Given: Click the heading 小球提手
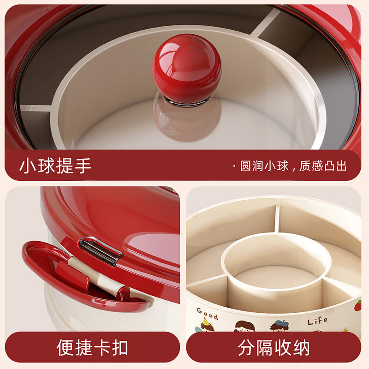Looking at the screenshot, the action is click(x=55, y=166).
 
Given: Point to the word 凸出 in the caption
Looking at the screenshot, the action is click(x=335, y=166).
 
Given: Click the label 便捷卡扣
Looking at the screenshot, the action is click(x=92, y=347).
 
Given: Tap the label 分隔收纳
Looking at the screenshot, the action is click(x=274, y=347).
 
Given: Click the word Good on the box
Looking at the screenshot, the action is click(x=207, y=314).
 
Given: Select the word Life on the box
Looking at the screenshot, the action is click(x=317, y=321).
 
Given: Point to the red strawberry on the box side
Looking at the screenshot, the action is click(x=358, y=306).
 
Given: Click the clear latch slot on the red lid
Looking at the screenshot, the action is click(x=101, y=250).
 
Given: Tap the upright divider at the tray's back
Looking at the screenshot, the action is click(x=277, y=218).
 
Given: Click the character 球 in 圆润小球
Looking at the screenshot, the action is click(x=282, y=166).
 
